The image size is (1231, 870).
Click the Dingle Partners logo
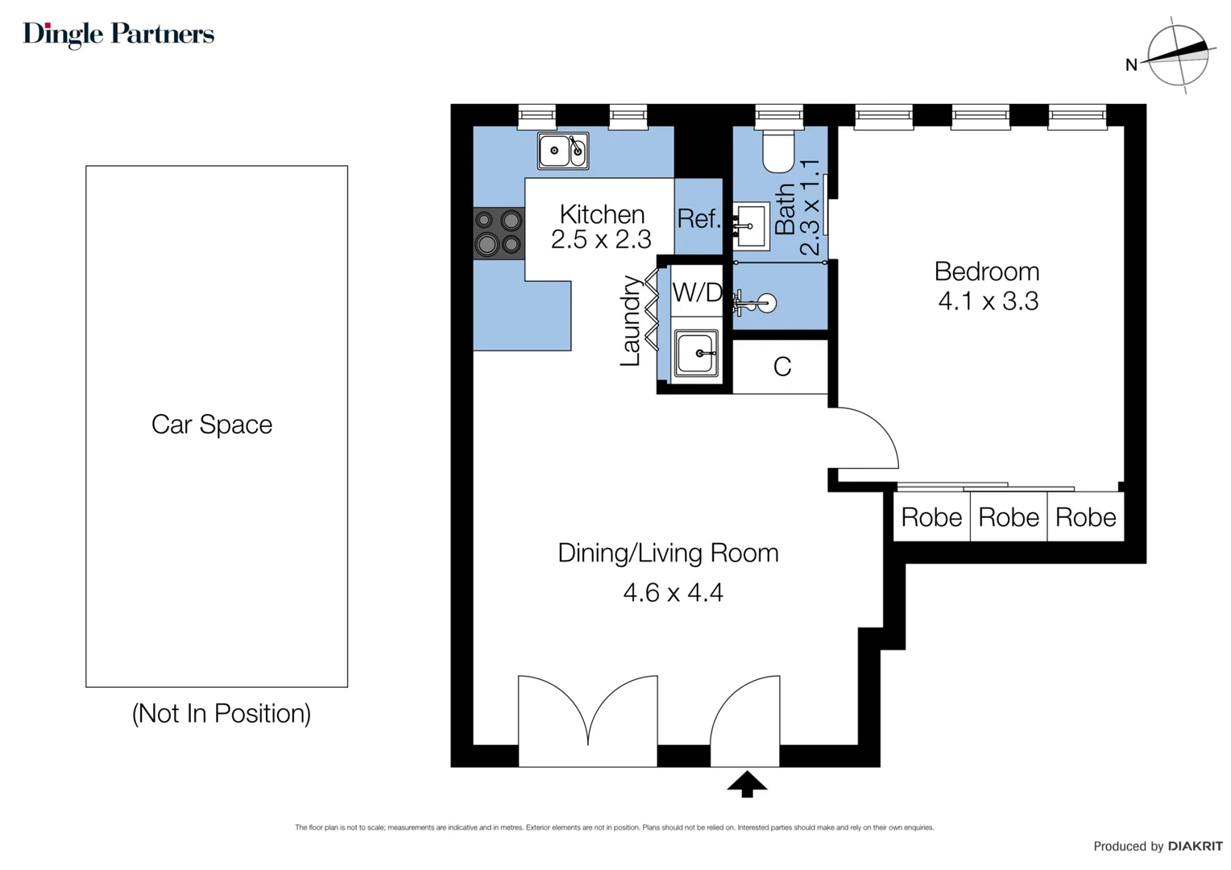coord(118,34)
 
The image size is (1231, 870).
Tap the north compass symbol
coord(1177,55)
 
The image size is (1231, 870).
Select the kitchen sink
coord(562,151)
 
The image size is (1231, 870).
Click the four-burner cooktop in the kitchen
coord(498,232)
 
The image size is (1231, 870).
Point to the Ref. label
coord(698,218)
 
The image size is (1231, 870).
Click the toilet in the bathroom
coord(778,151)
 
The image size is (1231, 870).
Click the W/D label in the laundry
coord(697,292)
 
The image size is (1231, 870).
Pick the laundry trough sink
coord(696,353)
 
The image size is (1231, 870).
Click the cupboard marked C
coord(781,367)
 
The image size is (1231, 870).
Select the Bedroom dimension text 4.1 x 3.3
coord(988,301)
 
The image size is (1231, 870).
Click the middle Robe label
coord(1008,517)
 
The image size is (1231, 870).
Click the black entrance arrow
coord(747,784)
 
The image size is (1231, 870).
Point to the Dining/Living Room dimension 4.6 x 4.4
coord(673,593)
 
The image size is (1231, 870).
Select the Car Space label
coord(212,425)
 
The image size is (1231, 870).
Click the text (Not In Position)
coord(222,714)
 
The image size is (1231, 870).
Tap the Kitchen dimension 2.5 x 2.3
coord(601,239)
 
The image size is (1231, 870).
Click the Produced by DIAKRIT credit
coord(1157,846)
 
